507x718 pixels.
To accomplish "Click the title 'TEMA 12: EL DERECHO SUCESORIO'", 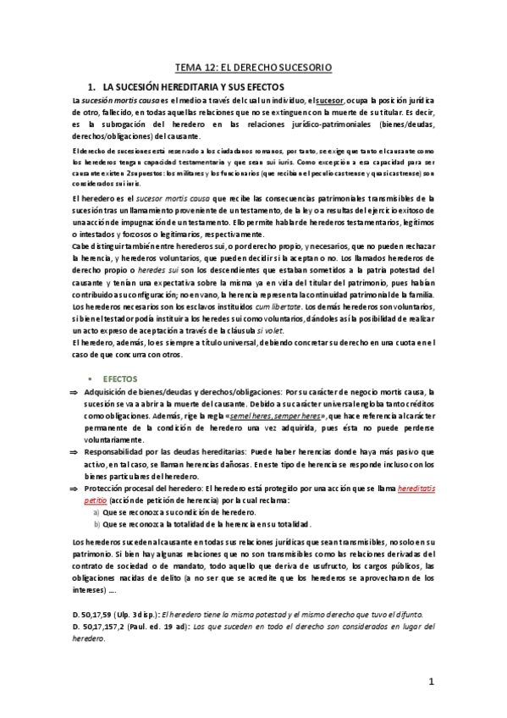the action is pos(253,66).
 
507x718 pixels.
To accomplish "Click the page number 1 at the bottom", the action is pos(431,681).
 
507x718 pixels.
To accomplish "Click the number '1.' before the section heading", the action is pos(92,86).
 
